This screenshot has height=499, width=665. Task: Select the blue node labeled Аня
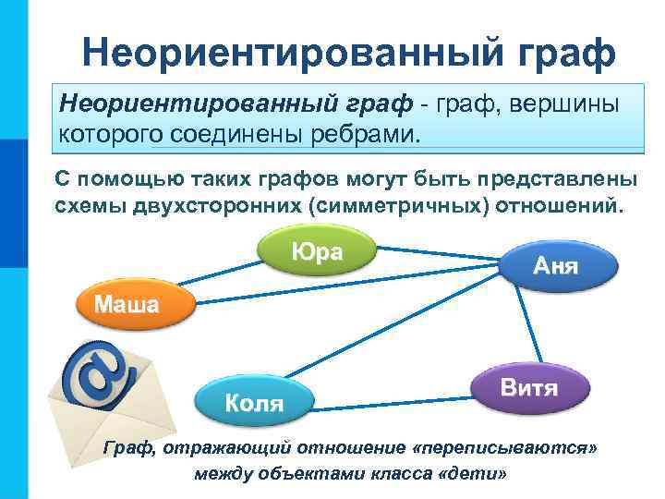556,267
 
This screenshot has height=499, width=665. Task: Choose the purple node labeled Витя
529,386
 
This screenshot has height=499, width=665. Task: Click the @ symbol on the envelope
101,371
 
